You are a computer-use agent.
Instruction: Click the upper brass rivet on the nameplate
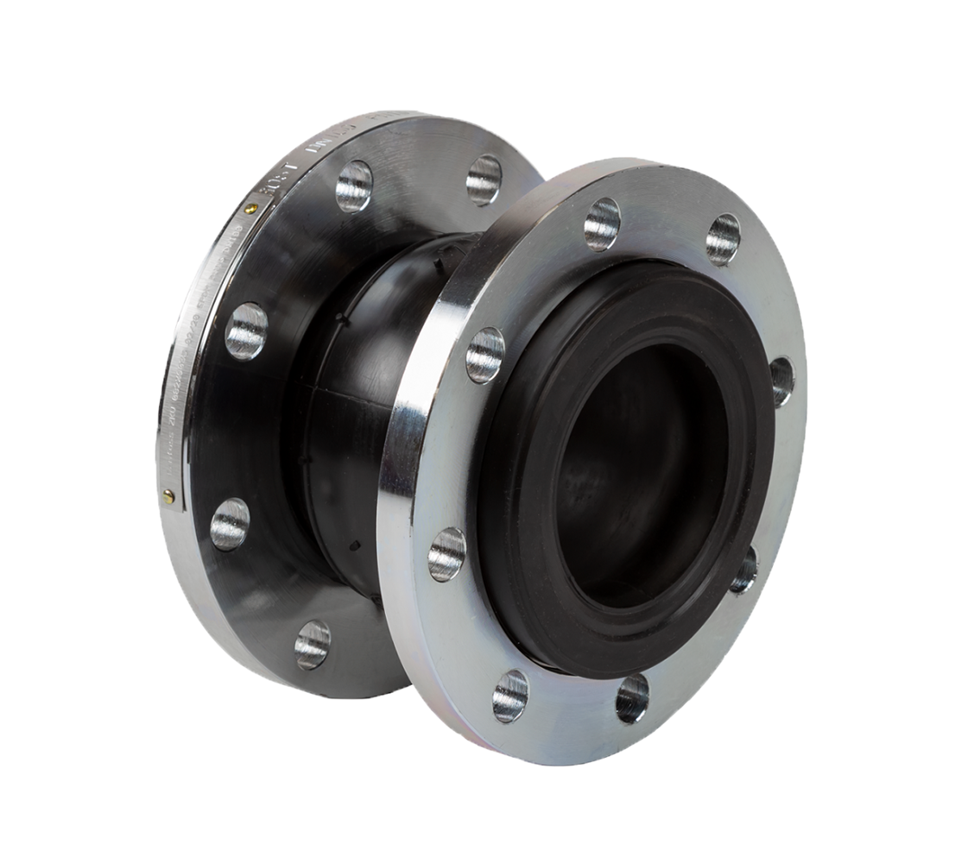[x=250, y=208]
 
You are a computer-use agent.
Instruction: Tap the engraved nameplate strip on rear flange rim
[x=194, y=362]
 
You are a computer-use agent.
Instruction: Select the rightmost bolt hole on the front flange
[x=781, y=381]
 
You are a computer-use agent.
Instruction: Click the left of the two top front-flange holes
[x=602, y=224]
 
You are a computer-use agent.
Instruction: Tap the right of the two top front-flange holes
[x=723, y=239]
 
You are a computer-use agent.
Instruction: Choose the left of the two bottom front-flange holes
[x=509, y=696]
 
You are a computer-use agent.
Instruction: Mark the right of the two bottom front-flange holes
[x=632, y=698]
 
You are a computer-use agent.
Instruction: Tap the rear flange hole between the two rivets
[x=246, y=331]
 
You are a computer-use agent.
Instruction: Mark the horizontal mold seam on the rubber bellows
[x=345, y=394]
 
